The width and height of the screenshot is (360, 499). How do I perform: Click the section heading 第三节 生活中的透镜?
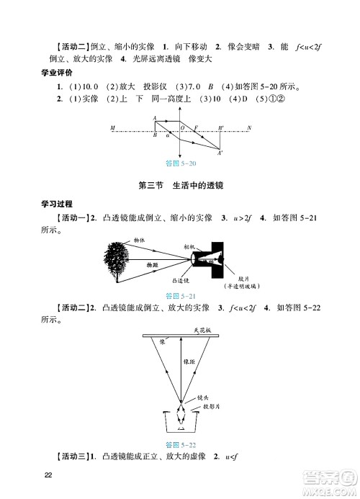(x=180, y=186)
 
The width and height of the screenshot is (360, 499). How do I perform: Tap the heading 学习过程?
(x=60, y=204)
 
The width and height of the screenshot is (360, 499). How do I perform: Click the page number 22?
(x=49, y=475)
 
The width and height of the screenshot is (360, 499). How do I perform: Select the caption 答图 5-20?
(x=180, y=164)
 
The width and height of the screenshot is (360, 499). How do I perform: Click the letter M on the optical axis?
(x=113, y=128)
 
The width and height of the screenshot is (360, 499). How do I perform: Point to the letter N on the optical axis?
(x=248, y=128)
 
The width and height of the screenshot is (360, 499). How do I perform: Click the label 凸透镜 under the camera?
(x=180, y=281)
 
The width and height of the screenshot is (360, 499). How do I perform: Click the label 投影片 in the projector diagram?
(x=207, y=407)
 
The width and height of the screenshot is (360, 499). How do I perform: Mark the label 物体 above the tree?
(x=139, y=240)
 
